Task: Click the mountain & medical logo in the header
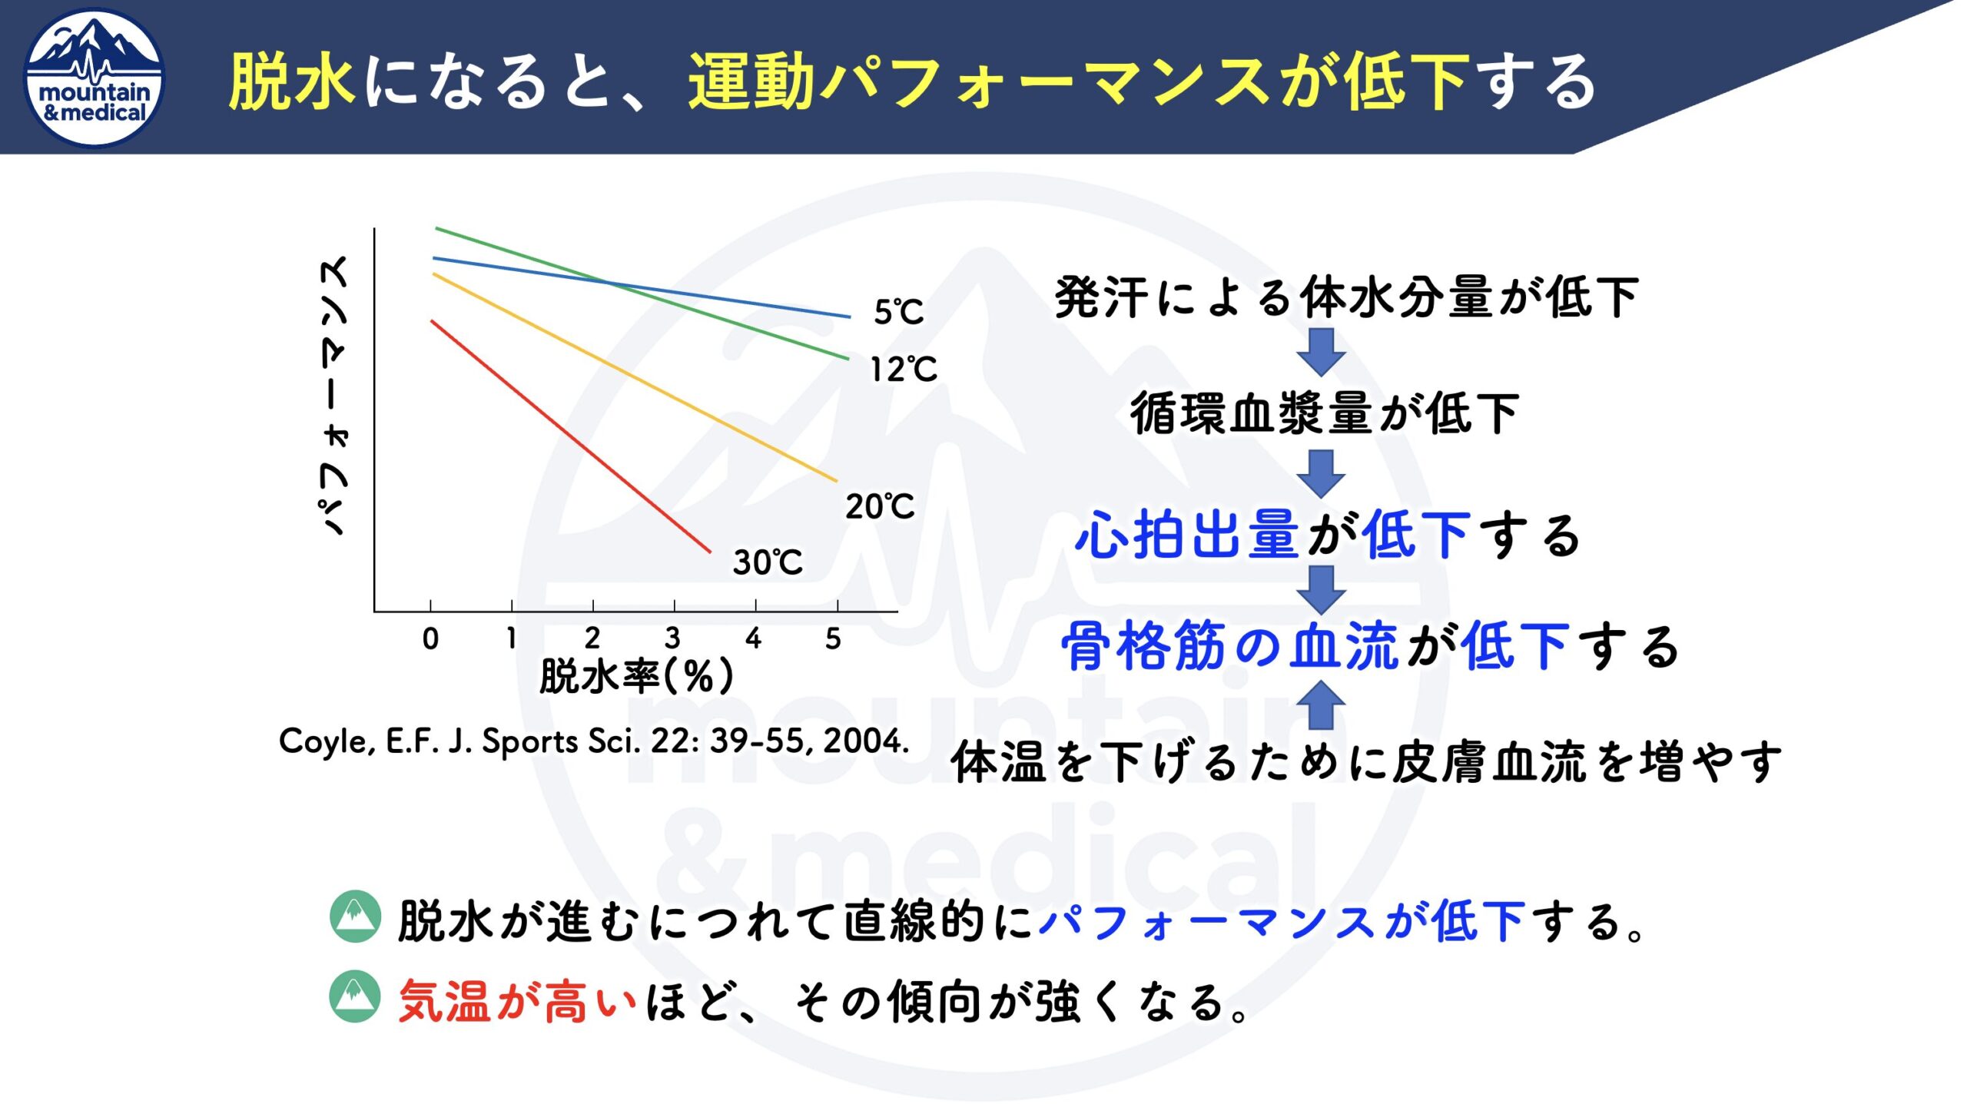(95, 78)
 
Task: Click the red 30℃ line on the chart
(571, 436)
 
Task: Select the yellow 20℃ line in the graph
(635, 377)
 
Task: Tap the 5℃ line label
(898, 311)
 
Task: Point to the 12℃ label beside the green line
(903, 370)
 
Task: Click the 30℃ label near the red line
(768, 562)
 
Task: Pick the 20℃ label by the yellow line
(880, 506)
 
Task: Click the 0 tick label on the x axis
(430, 638)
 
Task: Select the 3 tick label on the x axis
(672, 638)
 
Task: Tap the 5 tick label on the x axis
(834, 638)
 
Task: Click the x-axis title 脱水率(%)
(636, 676)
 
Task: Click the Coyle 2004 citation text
(594, 741)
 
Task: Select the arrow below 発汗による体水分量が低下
(1321, 352)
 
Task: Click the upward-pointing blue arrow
(1321, 705)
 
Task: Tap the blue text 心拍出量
(1188, 535)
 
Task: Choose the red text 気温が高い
(518, 1002)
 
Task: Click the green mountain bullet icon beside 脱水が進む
(355, 917)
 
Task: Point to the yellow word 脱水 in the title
(292, 81)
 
